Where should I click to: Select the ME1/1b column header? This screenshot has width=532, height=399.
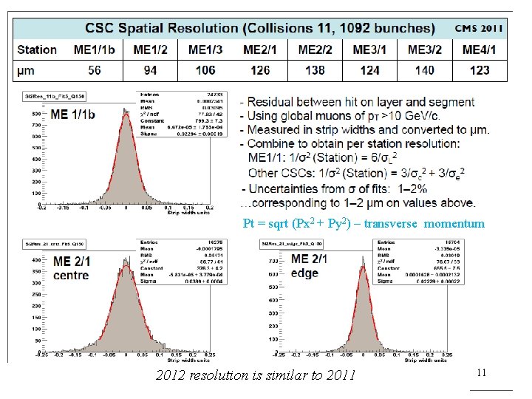[x=95, y=50]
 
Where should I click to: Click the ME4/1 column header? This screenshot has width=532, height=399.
[x=480, y=50]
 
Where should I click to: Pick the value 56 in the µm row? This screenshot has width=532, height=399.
[x=95, y=70]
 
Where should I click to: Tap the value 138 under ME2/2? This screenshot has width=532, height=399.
[x=315, y=70]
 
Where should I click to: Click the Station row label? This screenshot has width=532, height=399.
[x=37, y=50]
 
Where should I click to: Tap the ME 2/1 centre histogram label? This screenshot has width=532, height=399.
[x=71, y=268]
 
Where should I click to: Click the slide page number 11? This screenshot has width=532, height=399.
[x=480, y=373]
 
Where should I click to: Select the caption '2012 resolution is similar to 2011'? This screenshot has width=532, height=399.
[x=256, y=375]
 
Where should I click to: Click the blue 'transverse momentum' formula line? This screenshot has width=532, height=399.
[x=364, y=223]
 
